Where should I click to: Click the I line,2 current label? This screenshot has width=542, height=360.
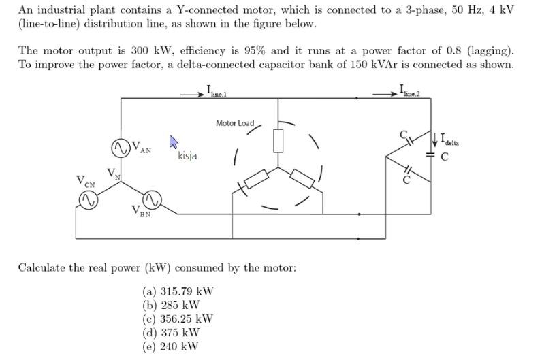411,89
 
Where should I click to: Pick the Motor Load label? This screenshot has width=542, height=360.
235,123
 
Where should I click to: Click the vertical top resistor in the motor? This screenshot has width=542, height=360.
278,140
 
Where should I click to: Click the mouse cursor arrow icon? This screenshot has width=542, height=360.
173,142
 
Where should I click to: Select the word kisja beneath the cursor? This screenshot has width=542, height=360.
187,156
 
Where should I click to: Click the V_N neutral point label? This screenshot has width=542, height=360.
111,173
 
